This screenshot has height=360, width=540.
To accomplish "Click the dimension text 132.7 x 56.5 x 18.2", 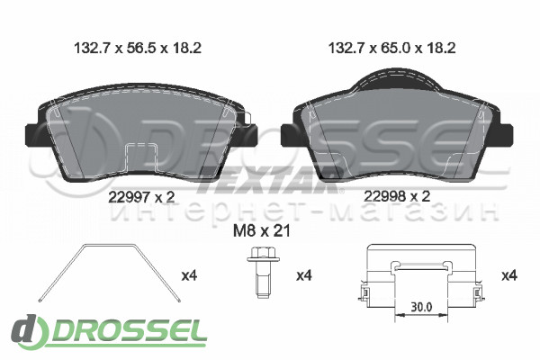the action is (138, 48).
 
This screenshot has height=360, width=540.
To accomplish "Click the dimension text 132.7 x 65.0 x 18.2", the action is (391, 48).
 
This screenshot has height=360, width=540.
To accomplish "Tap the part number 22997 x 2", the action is (141, 197).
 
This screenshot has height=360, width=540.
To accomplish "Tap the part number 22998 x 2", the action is (397, 196).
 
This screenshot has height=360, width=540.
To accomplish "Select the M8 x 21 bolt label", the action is (262, 230).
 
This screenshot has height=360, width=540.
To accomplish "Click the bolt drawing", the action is (263, 272).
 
